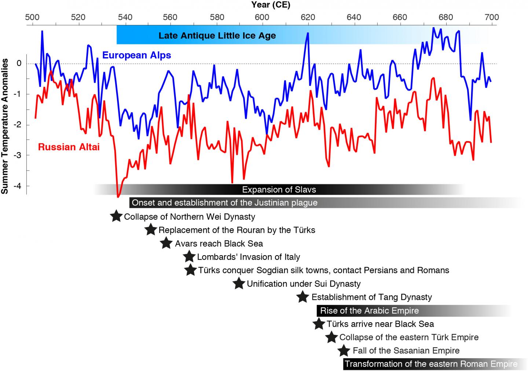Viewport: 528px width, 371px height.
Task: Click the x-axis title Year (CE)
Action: coord(271,5)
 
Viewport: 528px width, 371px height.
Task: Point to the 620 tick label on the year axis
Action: coord(308,17)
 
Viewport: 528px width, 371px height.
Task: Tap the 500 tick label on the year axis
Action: coord(32,17)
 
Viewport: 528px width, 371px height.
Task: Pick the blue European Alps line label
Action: coord(136,55)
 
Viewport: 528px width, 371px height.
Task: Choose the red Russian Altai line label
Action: coord(69,147)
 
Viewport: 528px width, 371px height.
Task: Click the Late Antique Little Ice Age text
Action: coord(217,36)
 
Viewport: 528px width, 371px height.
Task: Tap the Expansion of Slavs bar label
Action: coord(279,190)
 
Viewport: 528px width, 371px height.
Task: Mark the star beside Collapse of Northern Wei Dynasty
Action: coord(116,216)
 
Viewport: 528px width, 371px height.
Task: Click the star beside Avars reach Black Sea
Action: coord(166,243)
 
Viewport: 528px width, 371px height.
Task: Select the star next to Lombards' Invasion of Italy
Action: coord(189,256)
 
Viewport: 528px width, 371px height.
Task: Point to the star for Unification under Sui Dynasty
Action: coord(239,283)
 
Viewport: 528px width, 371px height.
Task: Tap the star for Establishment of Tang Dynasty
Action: coord(302,297)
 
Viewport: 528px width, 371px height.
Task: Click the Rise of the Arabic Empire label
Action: coord(369,311)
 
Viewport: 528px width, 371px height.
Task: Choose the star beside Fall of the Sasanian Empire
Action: coord(344,350)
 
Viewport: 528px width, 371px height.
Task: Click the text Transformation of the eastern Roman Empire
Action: coord(431,364)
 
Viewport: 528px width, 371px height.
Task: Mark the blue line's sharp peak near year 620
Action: coord(308,33)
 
